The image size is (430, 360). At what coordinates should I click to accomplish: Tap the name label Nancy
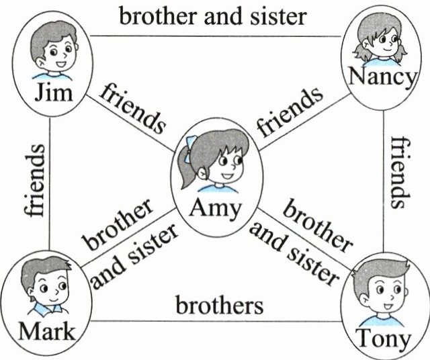(381, 77)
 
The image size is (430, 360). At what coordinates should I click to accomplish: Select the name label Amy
(214, 208)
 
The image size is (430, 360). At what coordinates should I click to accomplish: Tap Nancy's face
(380, 44)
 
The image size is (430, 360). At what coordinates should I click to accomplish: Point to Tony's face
(384, 296)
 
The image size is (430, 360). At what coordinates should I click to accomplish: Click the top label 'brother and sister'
(212, 15)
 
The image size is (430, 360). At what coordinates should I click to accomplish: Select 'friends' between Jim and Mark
(34, 180)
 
